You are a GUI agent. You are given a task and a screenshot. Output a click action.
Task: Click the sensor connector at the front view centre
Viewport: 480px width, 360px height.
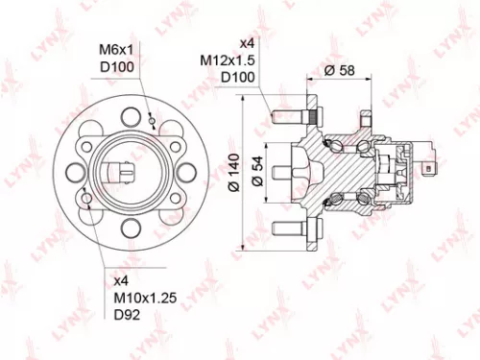click(x=121, y=174)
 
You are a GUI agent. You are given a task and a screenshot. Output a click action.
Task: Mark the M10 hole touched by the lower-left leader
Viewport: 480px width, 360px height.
click(x=87, y=200)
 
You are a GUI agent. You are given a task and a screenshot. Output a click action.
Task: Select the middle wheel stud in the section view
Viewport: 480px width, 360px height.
click(x=284, y=174)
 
